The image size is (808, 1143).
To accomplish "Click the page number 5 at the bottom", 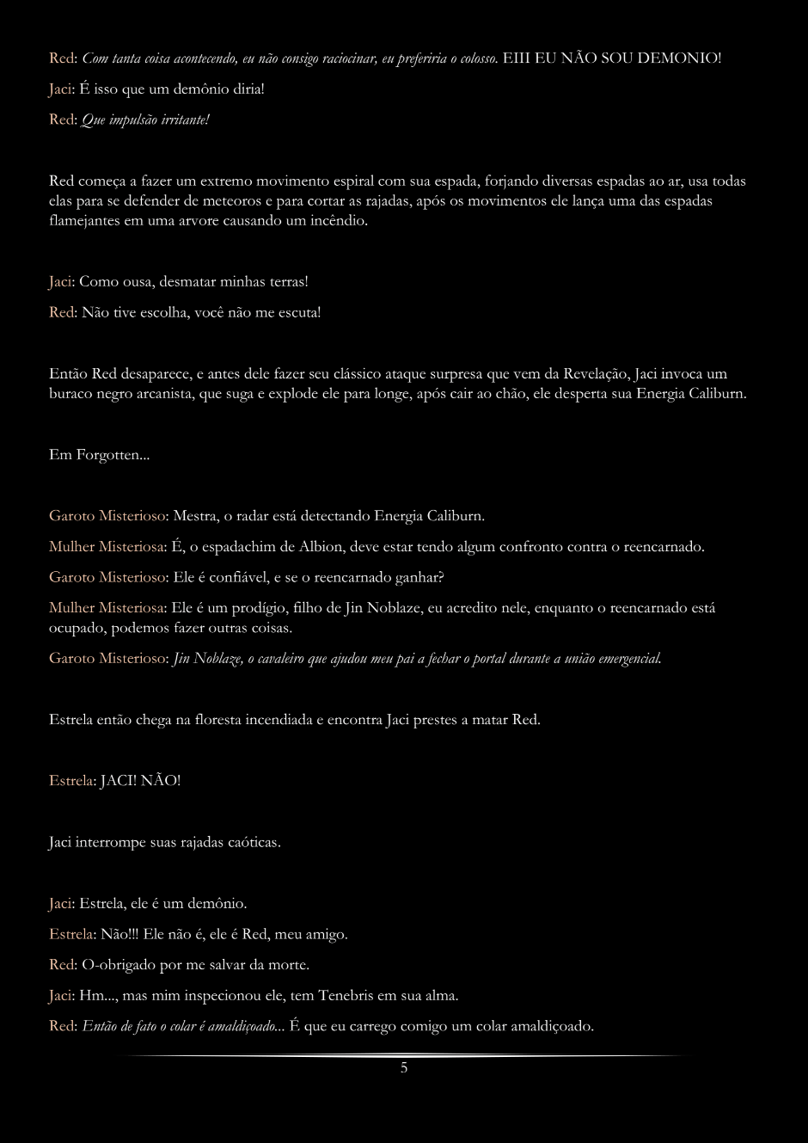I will (x=404, y=1068).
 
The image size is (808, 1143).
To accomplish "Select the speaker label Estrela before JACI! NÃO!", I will (x=70, y=781).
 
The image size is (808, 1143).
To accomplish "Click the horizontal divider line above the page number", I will (x=404, y=1055).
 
